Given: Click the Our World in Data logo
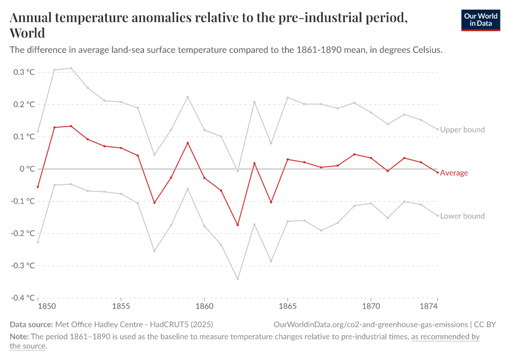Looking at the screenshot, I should pos(480,20).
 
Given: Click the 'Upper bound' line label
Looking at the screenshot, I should pos(462,130).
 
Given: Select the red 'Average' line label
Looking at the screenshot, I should pos(454,173).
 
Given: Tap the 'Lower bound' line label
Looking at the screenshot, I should pos(462,216).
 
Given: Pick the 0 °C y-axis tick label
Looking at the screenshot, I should pos(28,169).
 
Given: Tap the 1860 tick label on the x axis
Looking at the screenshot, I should pos(204,306).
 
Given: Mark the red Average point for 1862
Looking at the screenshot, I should pos(238,225).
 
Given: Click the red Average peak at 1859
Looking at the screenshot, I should pos(188,143).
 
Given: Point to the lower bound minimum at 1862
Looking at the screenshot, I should pos(238,279).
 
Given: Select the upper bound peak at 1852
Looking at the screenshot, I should pos(71,68).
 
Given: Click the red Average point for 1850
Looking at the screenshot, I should pos(38,187).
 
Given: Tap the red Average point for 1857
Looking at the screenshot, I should pos(154,203).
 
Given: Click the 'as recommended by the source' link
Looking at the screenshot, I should pos(445,337).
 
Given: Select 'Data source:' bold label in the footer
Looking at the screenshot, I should pos(31,325).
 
